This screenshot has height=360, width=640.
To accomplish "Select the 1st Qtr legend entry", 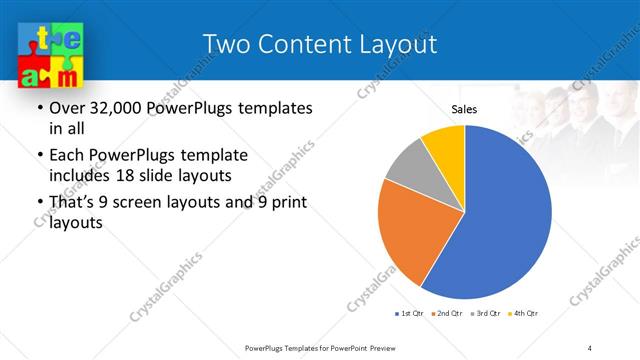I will tap(408, 314).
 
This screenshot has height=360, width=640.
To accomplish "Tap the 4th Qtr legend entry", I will tap(524, 314).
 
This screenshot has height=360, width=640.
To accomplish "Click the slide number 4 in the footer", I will tap(590, 347).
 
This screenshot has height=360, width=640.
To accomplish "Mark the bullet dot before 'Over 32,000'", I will tap(38, 108).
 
